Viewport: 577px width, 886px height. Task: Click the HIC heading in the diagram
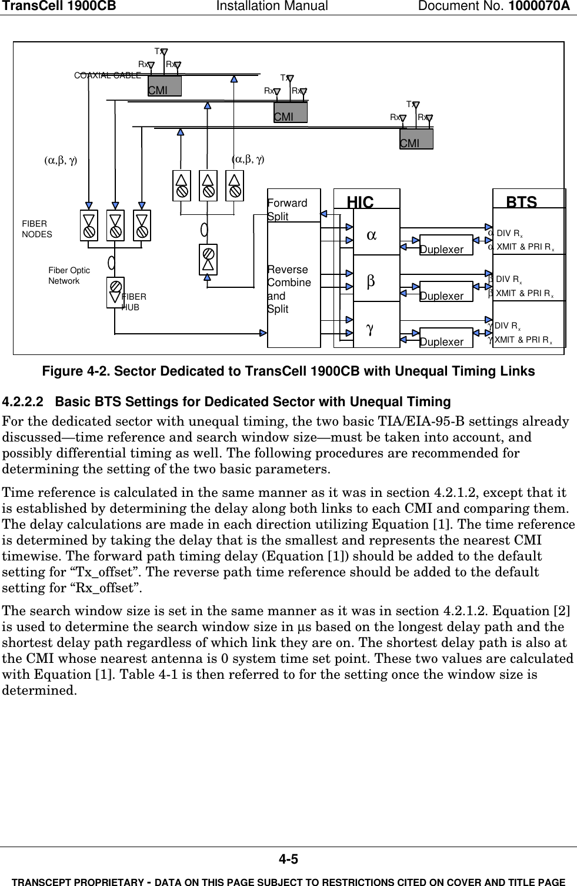coord(360,203)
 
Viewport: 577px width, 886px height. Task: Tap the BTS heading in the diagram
coord(521,202)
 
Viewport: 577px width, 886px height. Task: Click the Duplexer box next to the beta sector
coord(441,296)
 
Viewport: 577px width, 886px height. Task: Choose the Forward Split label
coord(287,210)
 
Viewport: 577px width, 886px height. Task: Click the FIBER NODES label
coord(37,229)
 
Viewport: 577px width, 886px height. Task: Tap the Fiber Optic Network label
coord(69,276)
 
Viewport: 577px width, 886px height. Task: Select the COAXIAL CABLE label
coord(108,75)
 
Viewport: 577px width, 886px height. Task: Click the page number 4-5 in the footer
coord(288,860)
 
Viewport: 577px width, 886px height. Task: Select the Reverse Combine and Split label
coord(289,289)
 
